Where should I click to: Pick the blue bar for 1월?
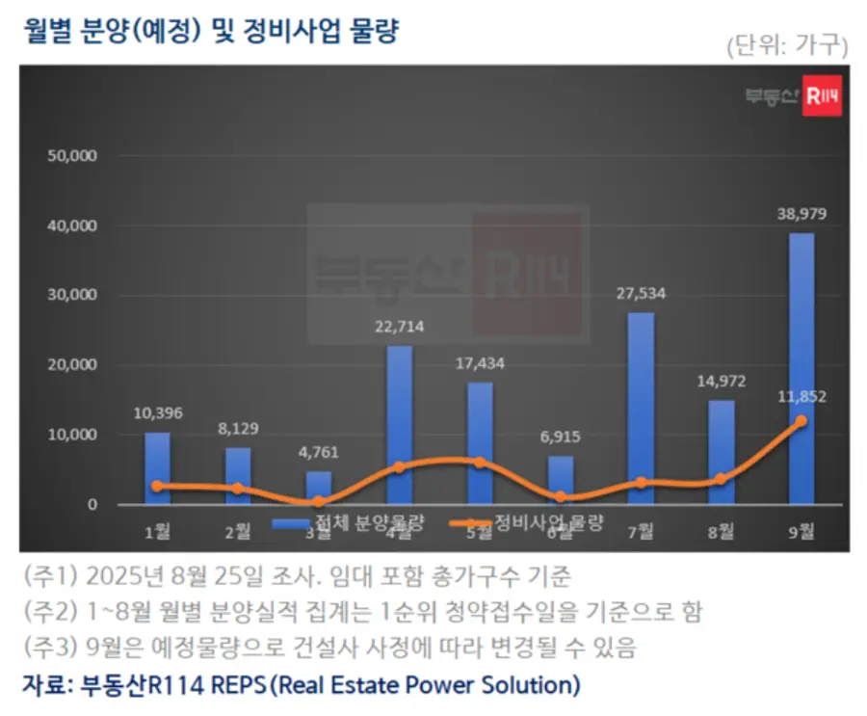[157, 468]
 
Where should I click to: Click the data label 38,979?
[801, 214]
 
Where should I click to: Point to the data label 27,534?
[641, 294]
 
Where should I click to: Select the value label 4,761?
[319, 453]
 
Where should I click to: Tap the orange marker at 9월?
[801, 421]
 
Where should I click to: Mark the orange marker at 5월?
[479, 463]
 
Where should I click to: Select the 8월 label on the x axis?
[721, 531]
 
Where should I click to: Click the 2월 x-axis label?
[238, 531]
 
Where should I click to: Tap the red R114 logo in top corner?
[823, 95]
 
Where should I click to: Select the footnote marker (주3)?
[47, 647]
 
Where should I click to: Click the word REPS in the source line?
[230, 685]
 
